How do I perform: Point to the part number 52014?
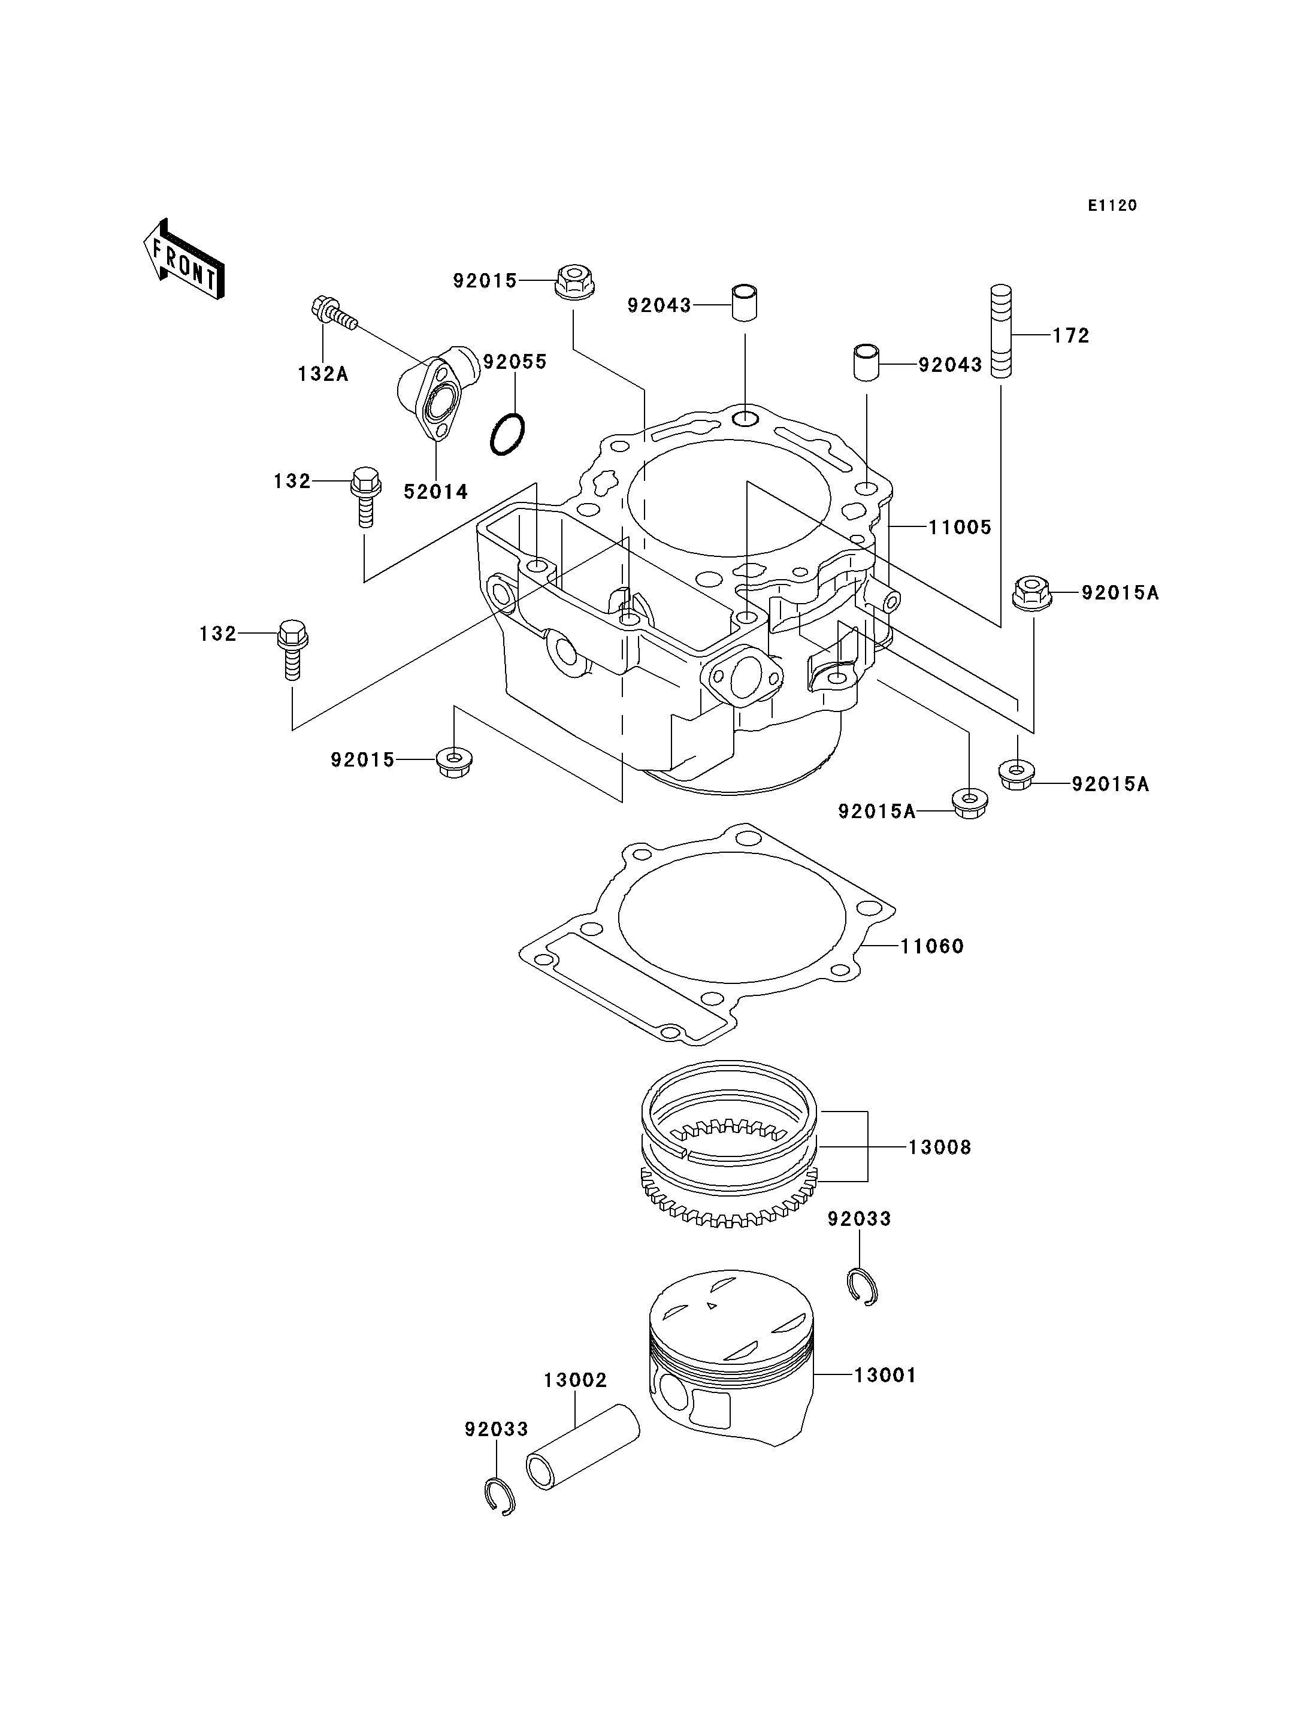coord(435,492)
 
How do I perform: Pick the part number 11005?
coord(960,528)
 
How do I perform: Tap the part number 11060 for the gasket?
coord(933,946)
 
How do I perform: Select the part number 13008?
coord(939,1147)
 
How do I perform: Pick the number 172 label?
coord(1071,335)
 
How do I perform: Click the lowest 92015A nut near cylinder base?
coord(969,804)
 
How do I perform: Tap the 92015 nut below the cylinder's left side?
coord(454,761)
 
